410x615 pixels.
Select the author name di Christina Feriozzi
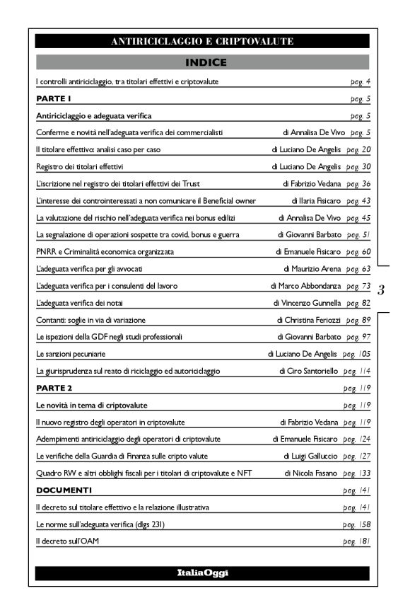coord(309,321)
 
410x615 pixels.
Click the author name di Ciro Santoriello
coord(311,371)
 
